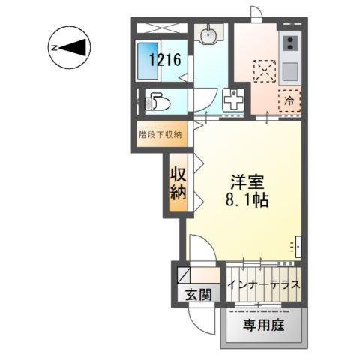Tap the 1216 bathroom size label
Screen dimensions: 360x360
pyautogui.click(x=164, y=60)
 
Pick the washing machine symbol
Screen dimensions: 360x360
pyautogui.click(x=234, y=99)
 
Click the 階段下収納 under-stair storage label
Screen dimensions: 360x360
pyautogui.click(x=158, y=135)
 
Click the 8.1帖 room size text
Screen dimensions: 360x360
pyautogui.click(x=245, y=201)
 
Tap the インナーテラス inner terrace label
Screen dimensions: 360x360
pyautogui.click(x=265, y=285)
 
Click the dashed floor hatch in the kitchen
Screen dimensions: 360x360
pyautogui.click(x=264, y=72)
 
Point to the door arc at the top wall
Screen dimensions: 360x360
pyautogui.click(x=256, y=13)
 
